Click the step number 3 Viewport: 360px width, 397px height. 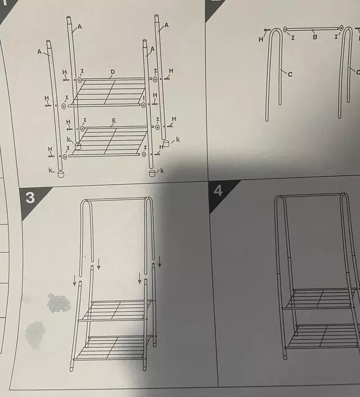click(30, 198)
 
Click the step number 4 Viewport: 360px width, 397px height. click(218, 191)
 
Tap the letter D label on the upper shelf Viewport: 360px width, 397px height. click(112, 72)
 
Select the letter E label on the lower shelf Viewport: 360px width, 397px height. click(114, 121)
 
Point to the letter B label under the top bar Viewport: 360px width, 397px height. click(314, 37)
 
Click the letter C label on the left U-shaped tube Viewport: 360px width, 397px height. click(290, 74)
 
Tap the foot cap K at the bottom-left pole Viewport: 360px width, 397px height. click(61, 174)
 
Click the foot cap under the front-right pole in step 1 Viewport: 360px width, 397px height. click(152, 173)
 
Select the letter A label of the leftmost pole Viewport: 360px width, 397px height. click(39, 52)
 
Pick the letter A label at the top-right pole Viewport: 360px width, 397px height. click(166, 25)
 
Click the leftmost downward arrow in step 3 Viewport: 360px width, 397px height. click(75, 280)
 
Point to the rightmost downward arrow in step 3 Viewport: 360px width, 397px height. click(160, 262)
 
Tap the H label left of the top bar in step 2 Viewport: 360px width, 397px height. click(261, 39)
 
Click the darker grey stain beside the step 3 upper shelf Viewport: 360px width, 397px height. click(59, 303)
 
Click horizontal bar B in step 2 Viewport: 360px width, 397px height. click(313, 29)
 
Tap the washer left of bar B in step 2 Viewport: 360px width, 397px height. click(285, 30)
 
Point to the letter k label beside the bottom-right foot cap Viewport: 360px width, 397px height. click(161, 171)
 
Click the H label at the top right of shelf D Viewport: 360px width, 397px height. click(171, 70)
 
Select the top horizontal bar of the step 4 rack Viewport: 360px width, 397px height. click(311, 195)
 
